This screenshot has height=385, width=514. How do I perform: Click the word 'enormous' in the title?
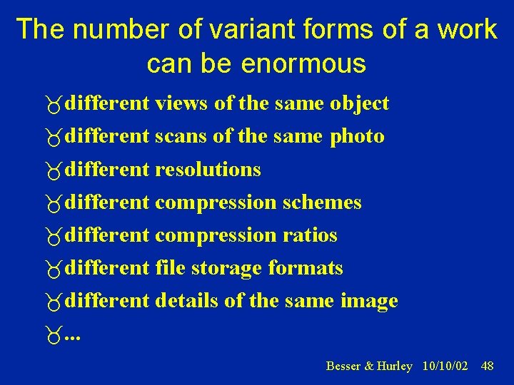click(x=303, y=64)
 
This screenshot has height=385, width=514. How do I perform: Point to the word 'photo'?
click(x=357, y=137)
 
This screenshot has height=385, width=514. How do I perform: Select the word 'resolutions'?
click(x=208, y=170)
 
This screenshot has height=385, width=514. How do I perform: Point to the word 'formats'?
click(x=306, y=268)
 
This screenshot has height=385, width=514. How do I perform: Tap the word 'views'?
click(x=182, y=104)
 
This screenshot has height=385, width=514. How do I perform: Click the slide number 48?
click(x=488, y=366)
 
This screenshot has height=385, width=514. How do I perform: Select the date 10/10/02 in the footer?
click(x=445, y=366)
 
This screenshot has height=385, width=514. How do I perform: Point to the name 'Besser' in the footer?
click(x=343, y=366)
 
